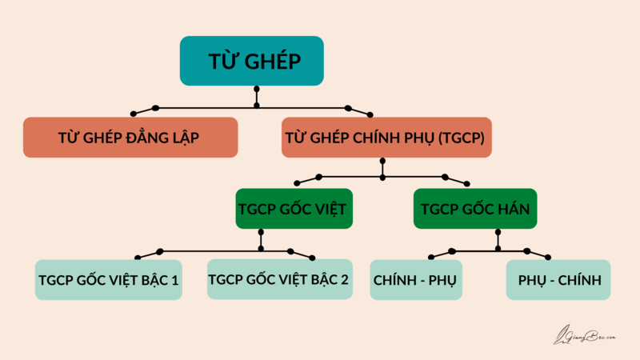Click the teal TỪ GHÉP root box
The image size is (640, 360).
tap(251, 61)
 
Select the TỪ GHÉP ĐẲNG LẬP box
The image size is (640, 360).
tap(130, 138)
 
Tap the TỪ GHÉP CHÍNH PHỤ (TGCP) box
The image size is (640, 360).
tap(386, 138)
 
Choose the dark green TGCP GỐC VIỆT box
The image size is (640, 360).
tap(295, 210)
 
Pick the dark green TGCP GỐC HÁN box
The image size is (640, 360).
tap(474, 210)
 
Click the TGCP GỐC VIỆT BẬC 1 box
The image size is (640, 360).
tap(109, 280)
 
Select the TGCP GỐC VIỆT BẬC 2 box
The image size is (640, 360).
tap(279, 280)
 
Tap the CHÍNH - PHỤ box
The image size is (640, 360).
tap(416, 280)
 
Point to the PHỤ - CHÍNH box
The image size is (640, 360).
tap(558, 280)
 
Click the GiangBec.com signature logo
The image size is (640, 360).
tap(585, 336)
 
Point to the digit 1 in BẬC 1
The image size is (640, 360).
tap(175, 280)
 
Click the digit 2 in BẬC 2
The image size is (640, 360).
tap(345, 280)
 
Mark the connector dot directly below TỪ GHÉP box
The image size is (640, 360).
tap(256, 105)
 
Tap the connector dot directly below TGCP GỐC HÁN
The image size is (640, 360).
tap(498, 248)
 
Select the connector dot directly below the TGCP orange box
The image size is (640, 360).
tap(382, 175)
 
